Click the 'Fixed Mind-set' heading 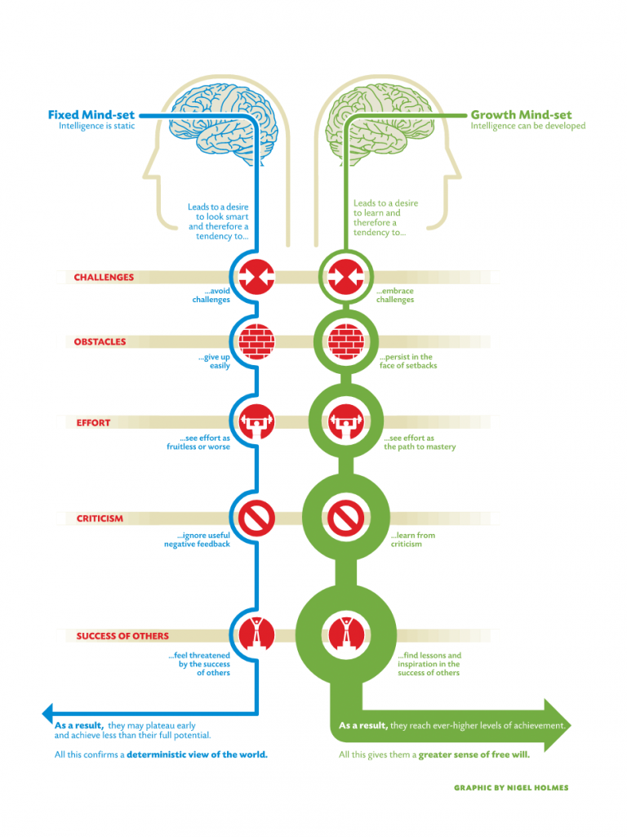[x=91, y=115]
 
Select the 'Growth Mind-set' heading [x=521, y=115]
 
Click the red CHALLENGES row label [x=104, y=277]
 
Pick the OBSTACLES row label [x=100, y=341]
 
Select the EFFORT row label [x=93, y=423]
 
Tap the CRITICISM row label [x=100, y=519]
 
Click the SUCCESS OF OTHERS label [x=122, y=636]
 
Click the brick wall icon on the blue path [x=256, y=341]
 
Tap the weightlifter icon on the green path [x=346, y=421]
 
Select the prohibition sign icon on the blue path [x=256, y=518]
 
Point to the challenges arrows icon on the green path [x=346, y=277]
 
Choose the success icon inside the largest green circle [x=346, y=634]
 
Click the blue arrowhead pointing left [x=47, y=713]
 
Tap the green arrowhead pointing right [x=558, y=725]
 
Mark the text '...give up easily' [x=215, y=362]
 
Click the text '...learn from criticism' [x=412, y=540]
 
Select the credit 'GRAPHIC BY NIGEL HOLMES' [x=511, y=788]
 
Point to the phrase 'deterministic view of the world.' [x=197, y=755]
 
